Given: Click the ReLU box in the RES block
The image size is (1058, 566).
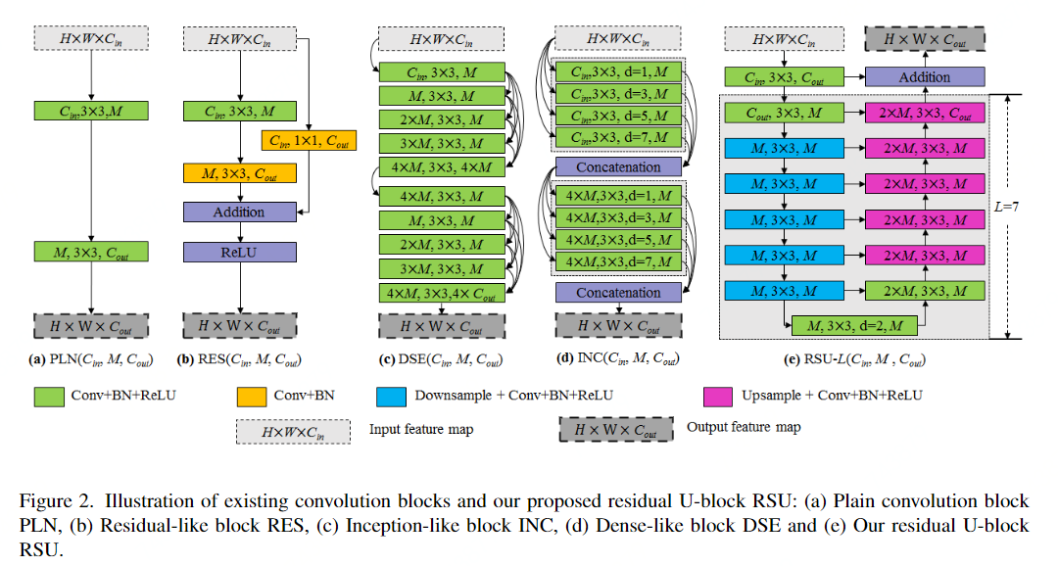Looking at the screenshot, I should pyautogui.click(x=239, y=253).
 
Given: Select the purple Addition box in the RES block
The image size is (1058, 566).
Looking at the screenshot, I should pyautogui.click(x=239, y=212).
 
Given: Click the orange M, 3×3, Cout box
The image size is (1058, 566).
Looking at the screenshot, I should pyautogui.click(x=239, y=173).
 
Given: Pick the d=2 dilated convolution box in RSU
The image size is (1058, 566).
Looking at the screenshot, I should pyautogui.click(x=849, y=324).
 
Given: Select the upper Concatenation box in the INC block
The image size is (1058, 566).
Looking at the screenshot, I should pyautogui.click(x=618, y=167).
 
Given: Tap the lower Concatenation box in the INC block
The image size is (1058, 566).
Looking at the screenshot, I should pyautogui.click(x=618, y=292).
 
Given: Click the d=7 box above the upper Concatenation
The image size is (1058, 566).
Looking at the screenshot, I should pyautogui.click(x=618, y=137).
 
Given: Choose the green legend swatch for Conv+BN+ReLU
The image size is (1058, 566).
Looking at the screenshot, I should pyautogui.click(x=49, y=396).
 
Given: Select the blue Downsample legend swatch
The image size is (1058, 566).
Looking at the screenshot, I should pyautogui.click(x=389, y=396).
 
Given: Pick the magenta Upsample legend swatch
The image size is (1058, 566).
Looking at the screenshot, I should pyautogui.click(x=718, y=396).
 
